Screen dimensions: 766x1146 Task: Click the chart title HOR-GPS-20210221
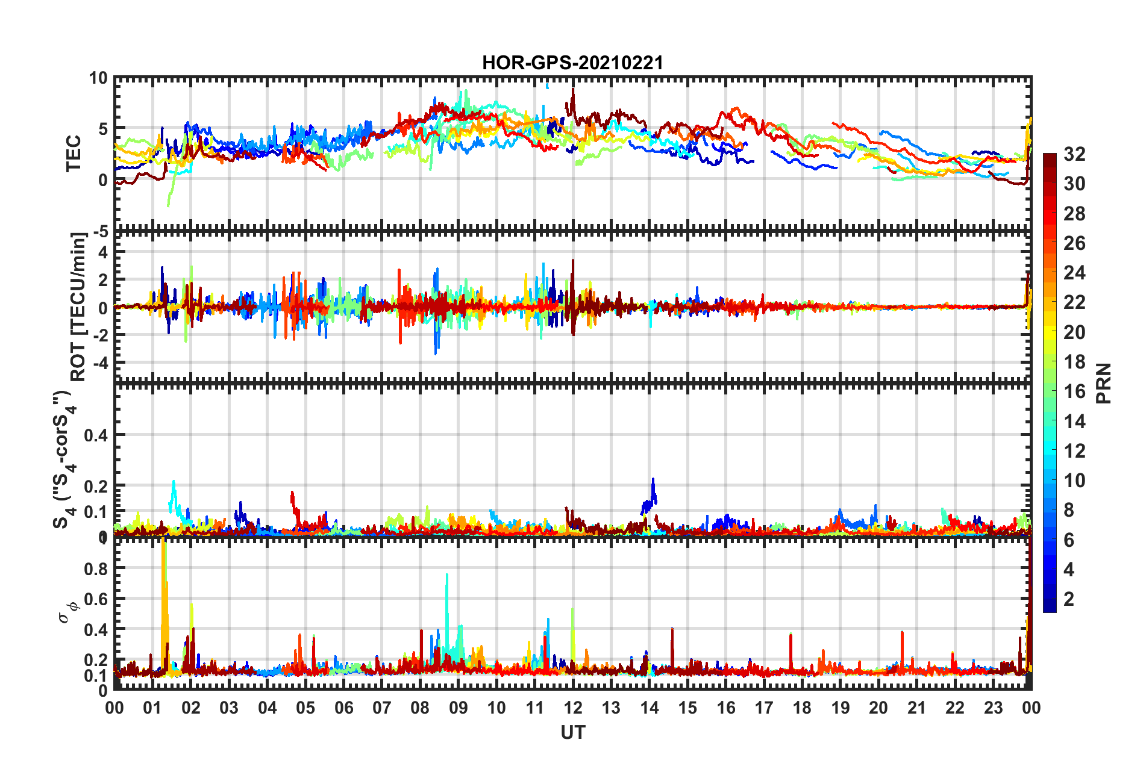click(x=572, y=63)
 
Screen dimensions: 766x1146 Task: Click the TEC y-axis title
click(x=74, y=154)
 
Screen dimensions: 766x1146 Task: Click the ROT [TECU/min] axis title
click(x=78, y=307)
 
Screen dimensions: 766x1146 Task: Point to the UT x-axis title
click(x=572, y=732)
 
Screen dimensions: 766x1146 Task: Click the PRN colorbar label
click(x=1104, y=383)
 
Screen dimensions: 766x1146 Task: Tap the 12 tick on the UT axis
click(x=573, y=708)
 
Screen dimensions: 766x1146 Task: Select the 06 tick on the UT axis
click(x=343, y=708)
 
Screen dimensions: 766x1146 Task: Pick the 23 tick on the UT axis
click(x=993, y=708)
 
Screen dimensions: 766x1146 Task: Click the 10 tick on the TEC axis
click(x=98, y=78)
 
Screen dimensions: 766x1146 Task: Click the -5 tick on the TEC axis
click(x=99, y=231)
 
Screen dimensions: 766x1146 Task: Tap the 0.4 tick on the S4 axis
click(x=96, y=435)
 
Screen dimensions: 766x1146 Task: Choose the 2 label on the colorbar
click(x=1069, y=599)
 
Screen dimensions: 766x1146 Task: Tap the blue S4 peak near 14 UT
click(x=653, y=480)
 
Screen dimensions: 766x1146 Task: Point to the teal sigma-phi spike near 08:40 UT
click(x=446, y=575)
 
